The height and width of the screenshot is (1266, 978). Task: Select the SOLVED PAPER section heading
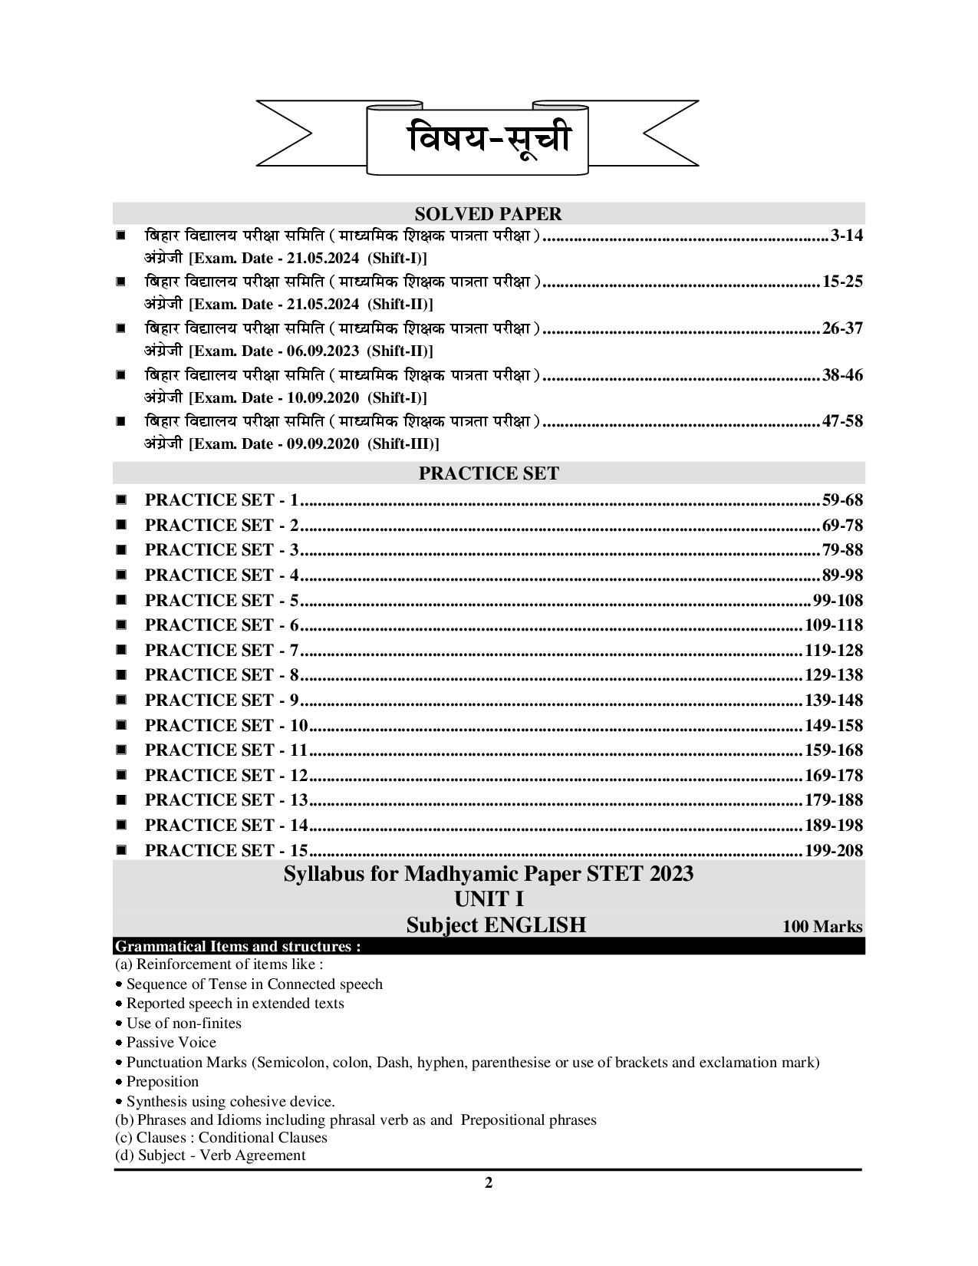click(x=488, y=213)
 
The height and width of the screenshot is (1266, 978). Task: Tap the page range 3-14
click(x=846, y=236)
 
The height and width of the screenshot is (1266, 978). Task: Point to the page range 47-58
click(x=841, y=421)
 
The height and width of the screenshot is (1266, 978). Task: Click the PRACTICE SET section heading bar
click(x=488, y=473)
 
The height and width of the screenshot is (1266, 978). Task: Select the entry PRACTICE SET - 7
click(x=221, y=651)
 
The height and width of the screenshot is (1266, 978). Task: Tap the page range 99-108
click(x=837, y=600)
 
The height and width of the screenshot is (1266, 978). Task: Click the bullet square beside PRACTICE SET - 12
click(x=121, y=775)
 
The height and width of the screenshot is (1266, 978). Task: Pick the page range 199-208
click(x=833, y=850)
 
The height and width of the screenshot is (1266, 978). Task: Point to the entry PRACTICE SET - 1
click(x=221, y=500)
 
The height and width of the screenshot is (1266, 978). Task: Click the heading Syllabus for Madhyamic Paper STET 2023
click(x=488, y=874)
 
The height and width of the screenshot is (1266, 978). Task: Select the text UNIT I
click(x=488, y=898)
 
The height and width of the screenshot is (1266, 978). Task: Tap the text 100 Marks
click(x=822, y=927)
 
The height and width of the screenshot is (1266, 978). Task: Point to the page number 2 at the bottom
click(x=489, y=1182)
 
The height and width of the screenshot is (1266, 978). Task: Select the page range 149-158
click(x=833, y=725)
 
